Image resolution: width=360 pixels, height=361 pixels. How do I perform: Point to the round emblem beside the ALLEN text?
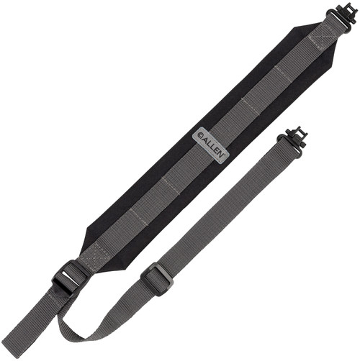[x=201, y=135]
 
